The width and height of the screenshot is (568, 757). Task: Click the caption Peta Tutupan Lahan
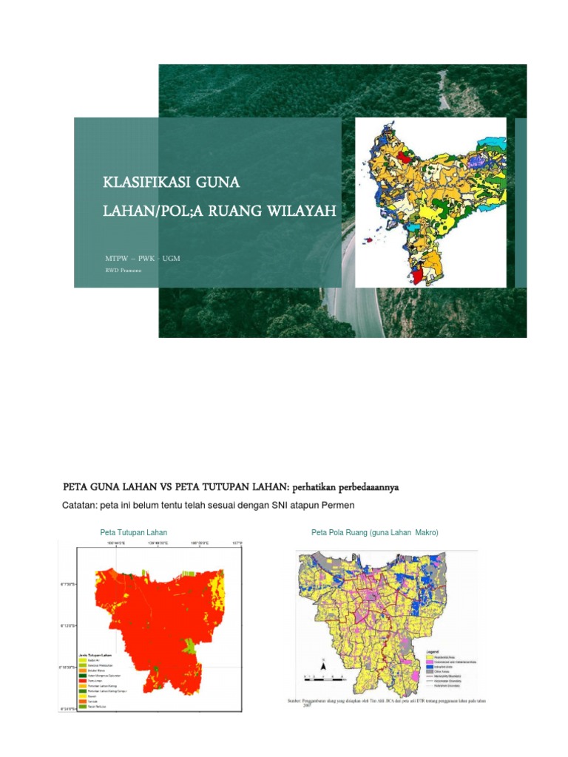133,532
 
